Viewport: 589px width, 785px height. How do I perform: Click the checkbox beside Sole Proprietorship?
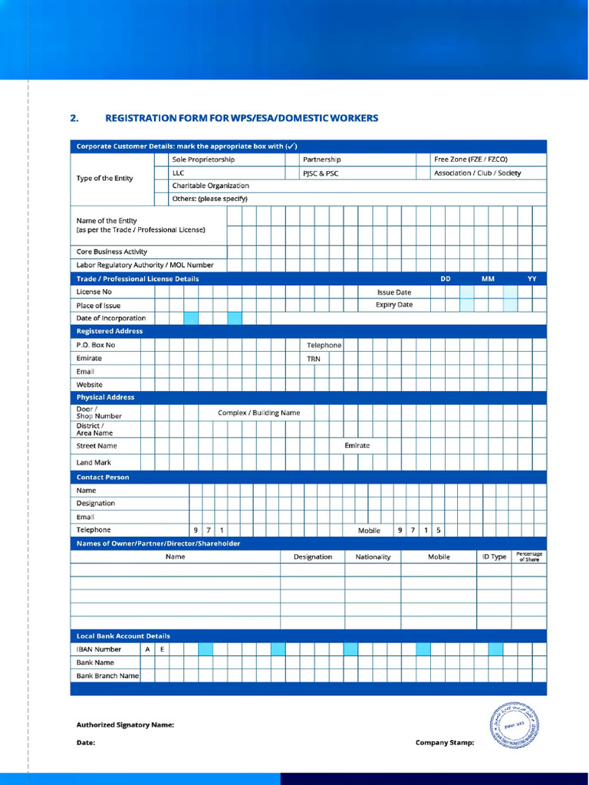(x=161, y=159)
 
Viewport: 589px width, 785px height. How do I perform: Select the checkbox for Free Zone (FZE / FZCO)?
(x=422, y=159)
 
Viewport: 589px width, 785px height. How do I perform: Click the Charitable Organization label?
(x=210, y=186)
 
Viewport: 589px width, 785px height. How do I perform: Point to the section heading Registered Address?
(x=110, y=331)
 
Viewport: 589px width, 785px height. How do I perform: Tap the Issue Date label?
(x=393, y=292)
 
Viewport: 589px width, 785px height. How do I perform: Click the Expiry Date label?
(x=393, y=304)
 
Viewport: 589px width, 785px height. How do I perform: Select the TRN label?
(x=314, y=358)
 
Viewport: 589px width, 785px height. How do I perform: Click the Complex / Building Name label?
(x=258, y=412)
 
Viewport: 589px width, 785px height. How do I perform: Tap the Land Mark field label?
(x=94, y=462)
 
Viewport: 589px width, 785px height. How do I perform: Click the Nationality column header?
(x=373, y=557)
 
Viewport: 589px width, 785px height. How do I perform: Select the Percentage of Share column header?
(x=528, y=557)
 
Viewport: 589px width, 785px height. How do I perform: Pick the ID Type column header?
(x=494, y=557)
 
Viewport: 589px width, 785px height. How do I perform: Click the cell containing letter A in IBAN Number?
(x=147, y=649)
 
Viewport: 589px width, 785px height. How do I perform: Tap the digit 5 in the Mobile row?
(x=439, y=530)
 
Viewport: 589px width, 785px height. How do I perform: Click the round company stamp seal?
(x=514, y=724)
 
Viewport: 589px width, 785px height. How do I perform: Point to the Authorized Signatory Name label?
(x=125, y=724)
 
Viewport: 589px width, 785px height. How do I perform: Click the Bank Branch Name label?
(x=107, y=675)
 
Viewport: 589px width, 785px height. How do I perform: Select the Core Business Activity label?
(x=112, y=251)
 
